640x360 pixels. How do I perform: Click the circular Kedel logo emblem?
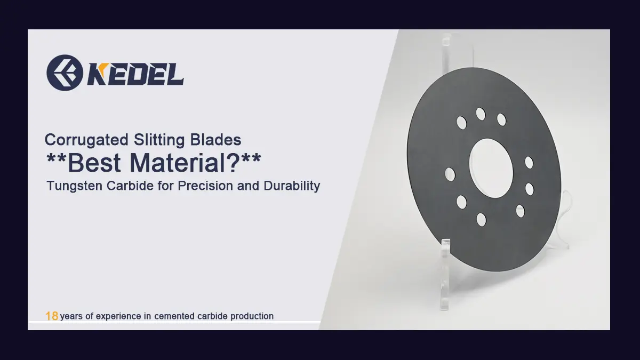(x=65, y=73)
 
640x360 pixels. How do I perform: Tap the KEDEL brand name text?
(x=135, y=74)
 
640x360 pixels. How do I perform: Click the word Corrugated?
(x=86, y=140)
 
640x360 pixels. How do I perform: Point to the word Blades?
(x=215, y=140)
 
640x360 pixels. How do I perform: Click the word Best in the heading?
(x=94, y=163)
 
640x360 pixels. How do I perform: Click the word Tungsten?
(x=74, y=186)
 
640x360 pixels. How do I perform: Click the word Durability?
(x=292, y=186)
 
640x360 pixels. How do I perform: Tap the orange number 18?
(x=52, y=316)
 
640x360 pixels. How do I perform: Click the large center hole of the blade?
(x=491, y=169)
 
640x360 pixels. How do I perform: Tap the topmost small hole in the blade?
(x=481, y=114)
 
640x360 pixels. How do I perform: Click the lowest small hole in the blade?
(x=482, y=220)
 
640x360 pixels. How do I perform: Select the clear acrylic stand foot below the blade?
(x=445, y=274)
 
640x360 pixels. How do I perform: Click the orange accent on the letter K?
(x=103, y=67)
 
